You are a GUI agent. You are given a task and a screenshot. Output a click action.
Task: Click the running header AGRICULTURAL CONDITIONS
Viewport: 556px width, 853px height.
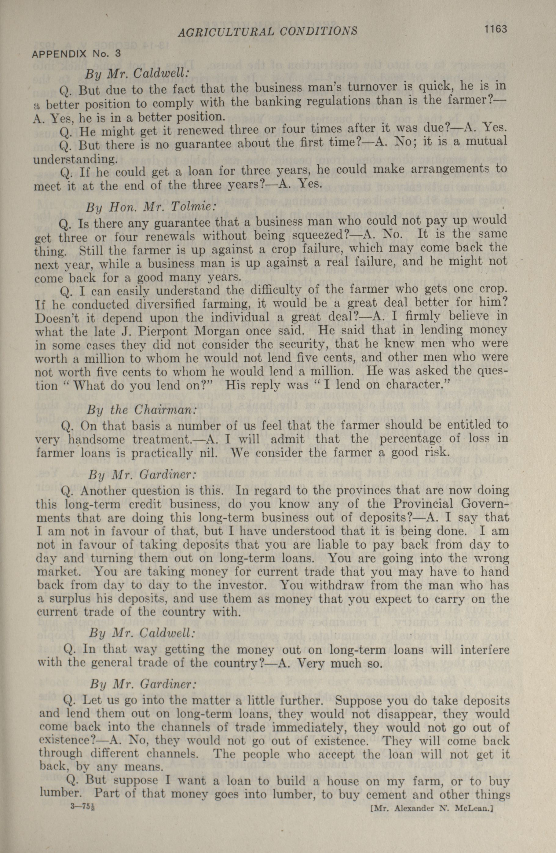pyautogui.click(x=267, y=31)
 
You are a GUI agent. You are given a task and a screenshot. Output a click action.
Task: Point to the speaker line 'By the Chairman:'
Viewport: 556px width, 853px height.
pyautogui.click(x=142, y=410)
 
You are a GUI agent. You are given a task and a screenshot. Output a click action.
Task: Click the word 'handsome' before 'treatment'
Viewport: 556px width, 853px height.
pyautogui.click(x=97, y=439)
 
